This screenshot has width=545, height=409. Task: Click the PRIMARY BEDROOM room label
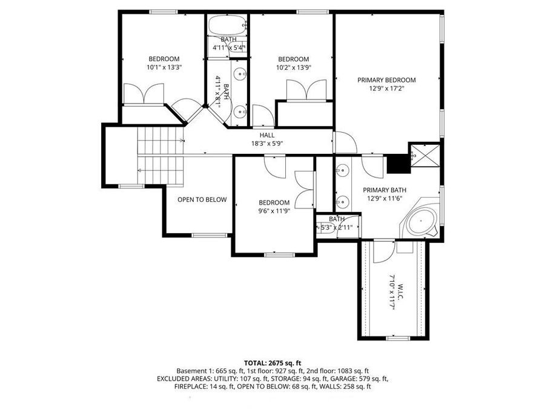tap(386, 79)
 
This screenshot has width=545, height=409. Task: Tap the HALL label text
tap(267, 135)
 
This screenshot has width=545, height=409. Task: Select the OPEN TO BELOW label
tap(202, 199)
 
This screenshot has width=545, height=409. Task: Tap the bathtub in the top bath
tap(228, 25)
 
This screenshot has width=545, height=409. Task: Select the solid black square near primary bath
tap(397, 163)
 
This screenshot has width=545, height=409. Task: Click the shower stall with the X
tap(425, 155)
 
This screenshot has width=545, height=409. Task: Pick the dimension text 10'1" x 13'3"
tap(164, 68)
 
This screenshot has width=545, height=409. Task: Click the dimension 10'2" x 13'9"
tap(293, 68)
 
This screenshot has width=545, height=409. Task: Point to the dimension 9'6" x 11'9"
tap(274, 211)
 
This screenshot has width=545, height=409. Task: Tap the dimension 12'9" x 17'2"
tap(386, 88)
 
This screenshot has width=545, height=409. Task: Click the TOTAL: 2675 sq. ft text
tap(272, 362)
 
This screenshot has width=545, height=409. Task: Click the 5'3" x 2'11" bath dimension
tap(337, 228)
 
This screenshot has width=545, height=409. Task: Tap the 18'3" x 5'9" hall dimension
tap(267, 144)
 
